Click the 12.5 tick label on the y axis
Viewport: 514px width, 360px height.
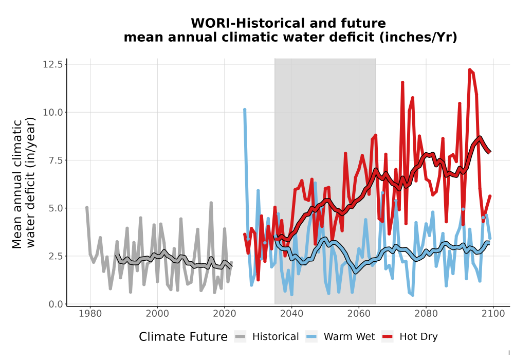[x=52, y=64]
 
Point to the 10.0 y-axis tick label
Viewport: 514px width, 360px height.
[x=52, y=112]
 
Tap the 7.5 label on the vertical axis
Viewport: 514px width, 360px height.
[x=56, y=160]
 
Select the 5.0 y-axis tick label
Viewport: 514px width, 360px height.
[x=56, y=208]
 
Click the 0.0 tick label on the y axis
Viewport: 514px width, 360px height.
[x=56, y=304]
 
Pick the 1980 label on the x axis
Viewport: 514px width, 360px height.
[x=90, y=314]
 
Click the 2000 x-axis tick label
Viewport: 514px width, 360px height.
[x=157, y=314]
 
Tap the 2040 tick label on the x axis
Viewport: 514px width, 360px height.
[x=292, y=314]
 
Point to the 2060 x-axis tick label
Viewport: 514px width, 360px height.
[x=359, y=314]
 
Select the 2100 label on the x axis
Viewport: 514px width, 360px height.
[x=493, y=314]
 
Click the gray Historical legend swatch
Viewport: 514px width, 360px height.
[x=240, y=337]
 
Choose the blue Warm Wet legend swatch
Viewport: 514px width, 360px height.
[x=311, y=337]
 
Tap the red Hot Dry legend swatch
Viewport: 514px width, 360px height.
[x=388, y=337]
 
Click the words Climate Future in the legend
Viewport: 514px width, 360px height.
[x=183, y=337]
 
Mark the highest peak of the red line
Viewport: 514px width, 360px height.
[x=470, y=70]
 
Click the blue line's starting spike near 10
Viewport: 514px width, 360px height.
[x=245, y=110]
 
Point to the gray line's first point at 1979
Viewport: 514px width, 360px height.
[x=87, y=208]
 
